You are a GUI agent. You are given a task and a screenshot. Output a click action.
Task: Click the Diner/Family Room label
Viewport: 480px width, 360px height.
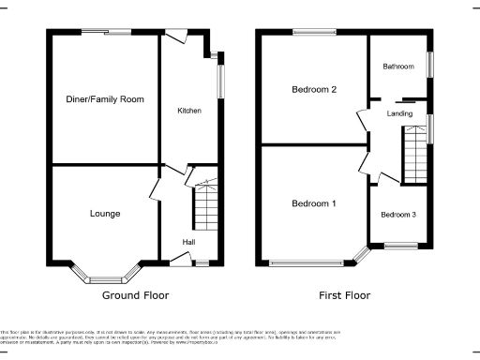pyautogui.click(x=105, y=98)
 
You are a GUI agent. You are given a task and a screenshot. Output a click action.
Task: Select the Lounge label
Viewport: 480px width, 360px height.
pyautogui.click(x=105, y=214)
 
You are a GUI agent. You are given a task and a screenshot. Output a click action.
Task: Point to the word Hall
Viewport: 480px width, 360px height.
pyautogui.click(x=188, y=243)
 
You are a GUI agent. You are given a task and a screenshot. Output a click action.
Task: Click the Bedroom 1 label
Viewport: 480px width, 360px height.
pyautogui.click(x=314, y=203)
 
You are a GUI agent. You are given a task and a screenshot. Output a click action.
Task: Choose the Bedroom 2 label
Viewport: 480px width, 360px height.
pyautogui.click(x=314, y=90)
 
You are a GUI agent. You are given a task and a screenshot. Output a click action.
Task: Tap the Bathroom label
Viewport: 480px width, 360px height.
pyautogui.click(x=397, y=67)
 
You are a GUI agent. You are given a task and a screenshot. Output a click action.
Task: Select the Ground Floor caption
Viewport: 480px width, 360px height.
pyautogui.click(x=135, y=295)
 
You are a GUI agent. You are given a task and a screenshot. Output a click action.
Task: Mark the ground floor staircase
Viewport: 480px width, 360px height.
pyautogui.click(x=205, y=207)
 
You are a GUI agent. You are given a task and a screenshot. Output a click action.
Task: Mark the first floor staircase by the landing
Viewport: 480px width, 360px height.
pyautogui.click(x=414, y=156)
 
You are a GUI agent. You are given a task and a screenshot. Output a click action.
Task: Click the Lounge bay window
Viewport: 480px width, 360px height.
pyautogui.click(x=105, y=276)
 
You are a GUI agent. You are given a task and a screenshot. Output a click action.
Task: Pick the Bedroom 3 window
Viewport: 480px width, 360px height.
pyautogui.click(x=400, y=247)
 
